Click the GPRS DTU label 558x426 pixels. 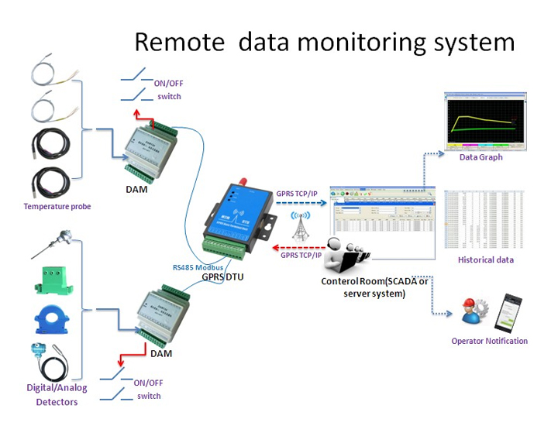(x=223, y=275)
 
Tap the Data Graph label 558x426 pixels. (x=480, y=157)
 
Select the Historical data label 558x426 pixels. (x=485, y=259)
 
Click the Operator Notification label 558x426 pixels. (x=489, y=341)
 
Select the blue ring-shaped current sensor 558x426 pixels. (x=53, y=320)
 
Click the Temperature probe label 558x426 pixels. (x=57, y=206)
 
